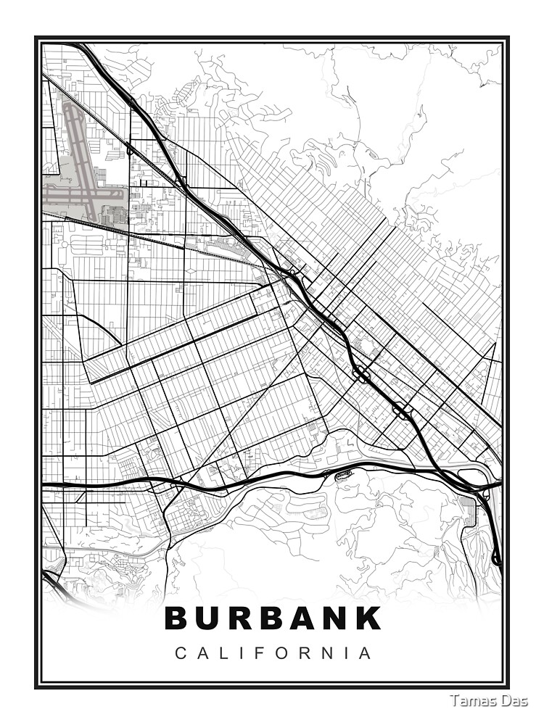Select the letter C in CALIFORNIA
point(180,653)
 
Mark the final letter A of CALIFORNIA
point(366,653)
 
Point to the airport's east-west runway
point(73,194)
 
